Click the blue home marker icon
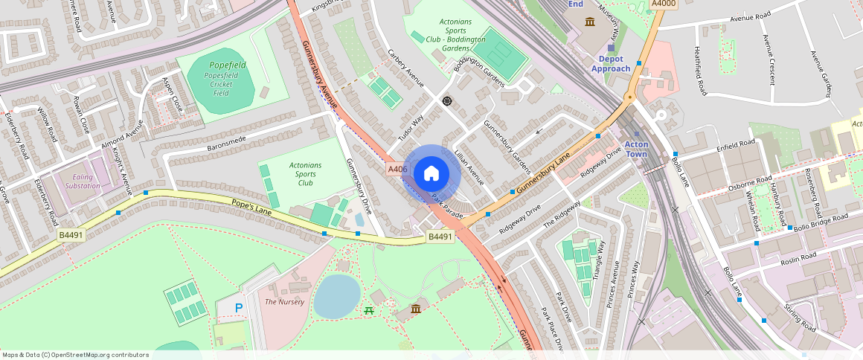tap(431, 174)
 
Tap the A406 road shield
tap(397, 170)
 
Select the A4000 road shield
tap(663, 4)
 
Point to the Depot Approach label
tap(611, 63)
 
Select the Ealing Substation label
tap(82, 181)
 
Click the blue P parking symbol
tap(239, 307)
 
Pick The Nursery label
tap(284, 302)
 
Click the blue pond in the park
tap(336, 295)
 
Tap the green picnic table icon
tap(369, 309)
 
